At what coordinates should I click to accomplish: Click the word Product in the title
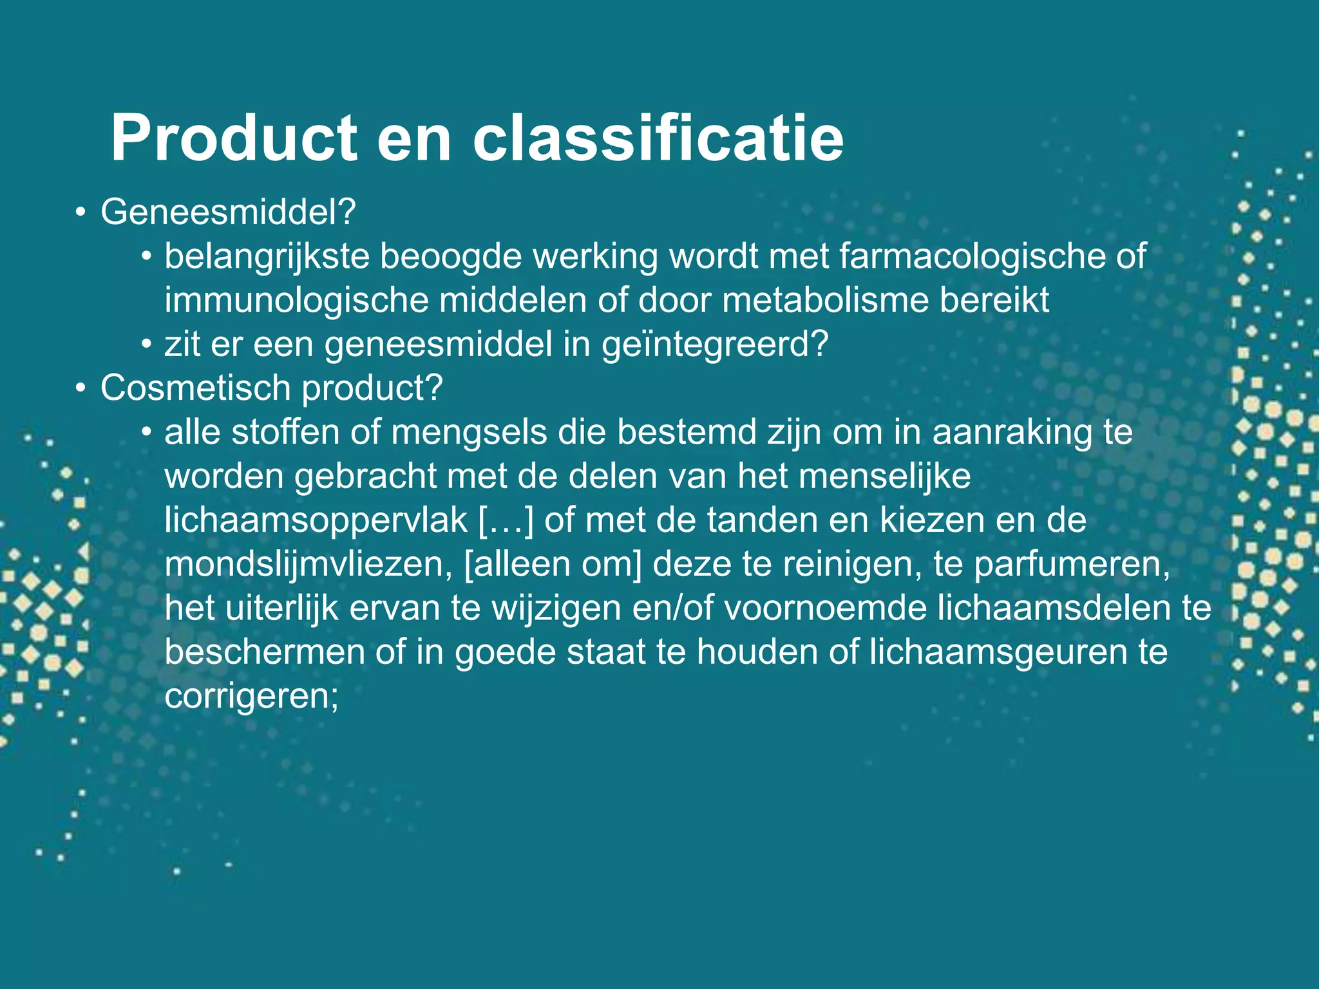(234, 138)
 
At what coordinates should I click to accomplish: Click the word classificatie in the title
(658, 138)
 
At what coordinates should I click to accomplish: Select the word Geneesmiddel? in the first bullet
(228, 212)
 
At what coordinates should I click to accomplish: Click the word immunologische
(296, 301)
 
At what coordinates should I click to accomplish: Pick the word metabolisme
(825, 301)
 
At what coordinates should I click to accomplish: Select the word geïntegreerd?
(714, 345)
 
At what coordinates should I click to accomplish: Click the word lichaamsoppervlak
(316, 520)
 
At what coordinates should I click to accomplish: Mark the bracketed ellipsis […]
(506, 520)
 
